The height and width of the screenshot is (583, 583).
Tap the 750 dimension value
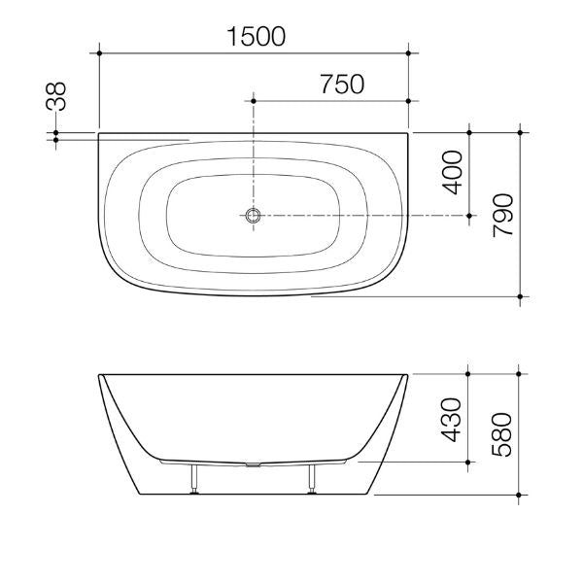[340, 85]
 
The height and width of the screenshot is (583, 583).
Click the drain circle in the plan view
[254, 214]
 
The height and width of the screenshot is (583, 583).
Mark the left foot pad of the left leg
[195, 492]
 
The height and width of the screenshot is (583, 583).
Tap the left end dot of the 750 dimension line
[254, 99]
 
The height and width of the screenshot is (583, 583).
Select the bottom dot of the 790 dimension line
[523, 294]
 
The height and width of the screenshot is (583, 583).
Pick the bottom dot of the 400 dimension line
[469, 214]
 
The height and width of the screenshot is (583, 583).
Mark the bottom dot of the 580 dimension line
[523, 493]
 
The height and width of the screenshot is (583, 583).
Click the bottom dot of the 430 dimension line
[469, 463]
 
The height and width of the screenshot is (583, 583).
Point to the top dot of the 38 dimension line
[57, 131]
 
